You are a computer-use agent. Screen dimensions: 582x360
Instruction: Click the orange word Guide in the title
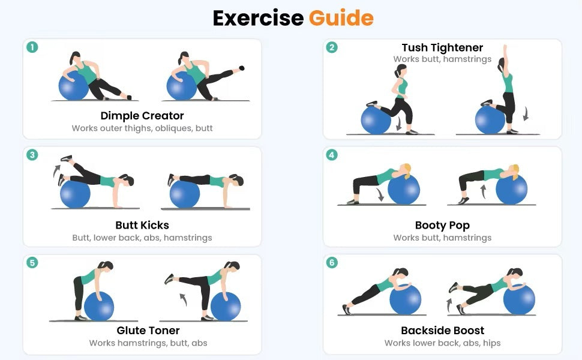341,18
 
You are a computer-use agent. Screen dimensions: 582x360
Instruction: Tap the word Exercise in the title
259,18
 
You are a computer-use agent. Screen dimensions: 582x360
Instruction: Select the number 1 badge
32,47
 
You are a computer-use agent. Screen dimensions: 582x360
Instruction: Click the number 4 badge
332,155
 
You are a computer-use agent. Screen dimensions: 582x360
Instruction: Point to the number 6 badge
332,263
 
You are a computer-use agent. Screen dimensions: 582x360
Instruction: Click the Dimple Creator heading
142,116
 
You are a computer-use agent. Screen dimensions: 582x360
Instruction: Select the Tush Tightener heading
442,47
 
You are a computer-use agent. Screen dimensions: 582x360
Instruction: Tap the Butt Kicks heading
142,225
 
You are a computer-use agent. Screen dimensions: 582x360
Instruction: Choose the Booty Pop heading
442,225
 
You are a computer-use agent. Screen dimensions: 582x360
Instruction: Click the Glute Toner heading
148,331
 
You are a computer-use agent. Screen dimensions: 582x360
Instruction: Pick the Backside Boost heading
442,331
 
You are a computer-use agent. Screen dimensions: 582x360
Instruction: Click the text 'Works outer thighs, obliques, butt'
142,128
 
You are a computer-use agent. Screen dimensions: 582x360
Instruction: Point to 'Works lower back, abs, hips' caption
442,343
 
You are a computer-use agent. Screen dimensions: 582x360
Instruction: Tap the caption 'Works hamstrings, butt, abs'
148,343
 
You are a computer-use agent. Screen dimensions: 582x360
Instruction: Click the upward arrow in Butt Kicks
56,171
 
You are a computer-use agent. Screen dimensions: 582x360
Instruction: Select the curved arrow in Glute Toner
183,299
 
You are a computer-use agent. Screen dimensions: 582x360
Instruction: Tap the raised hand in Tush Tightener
505,50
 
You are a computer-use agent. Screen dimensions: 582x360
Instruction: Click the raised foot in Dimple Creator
242,68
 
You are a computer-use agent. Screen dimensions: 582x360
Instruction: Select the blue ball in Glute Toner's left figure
99,307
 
